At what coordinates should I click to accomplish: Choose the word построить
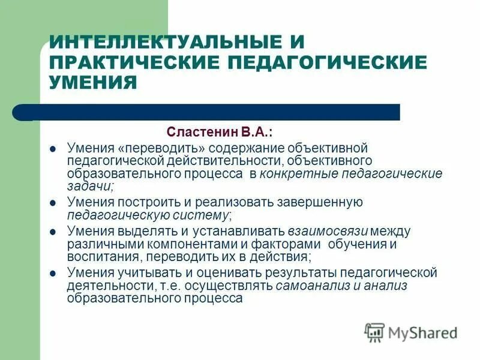click(143, 202)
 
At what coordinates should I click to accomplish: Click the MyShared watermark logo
click(412, 332)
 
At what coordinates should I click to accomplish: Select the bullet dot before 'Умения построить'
click(53, 203)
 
